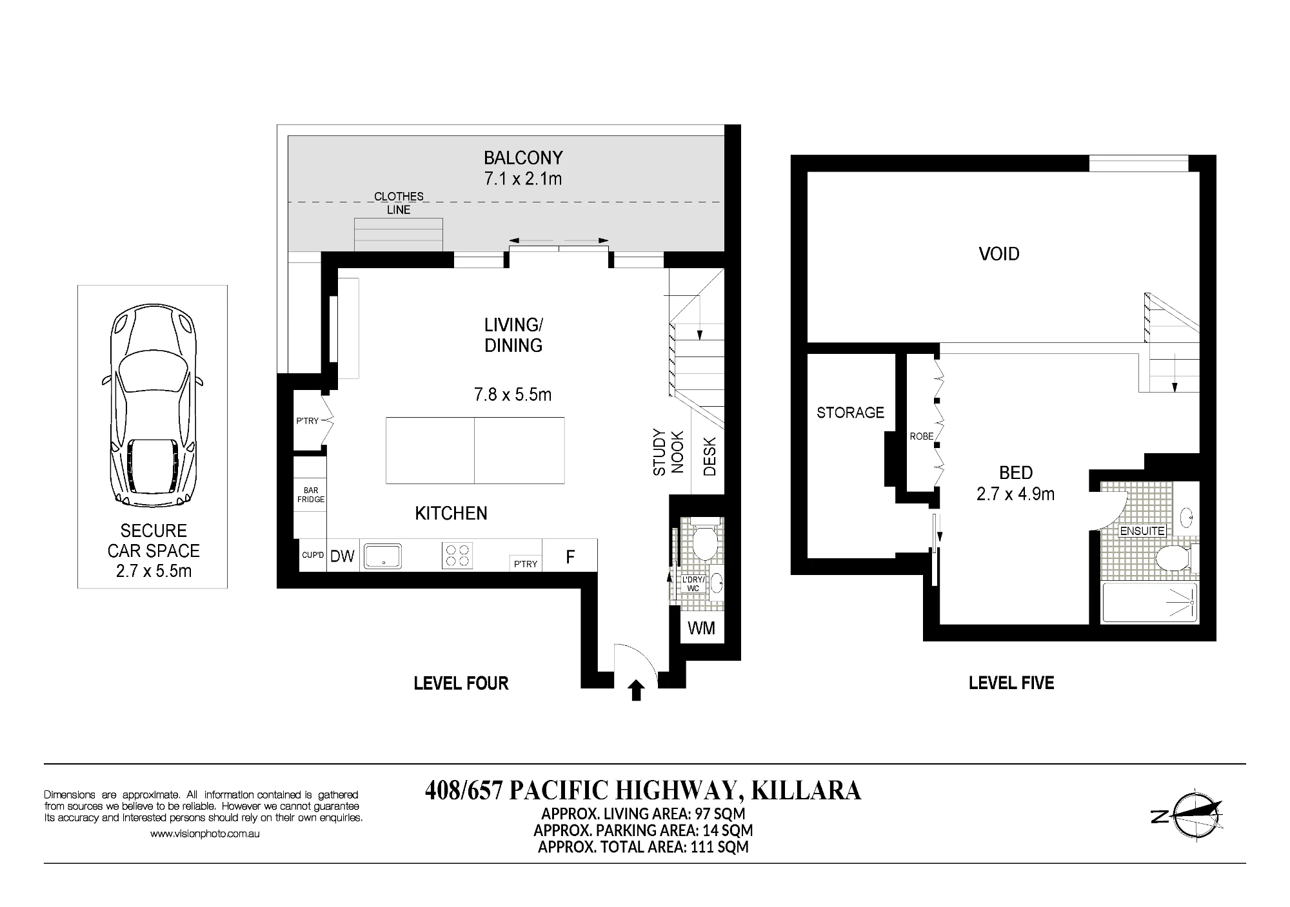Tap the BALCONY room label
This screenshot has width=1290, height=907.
pyautogui.click(x=523, y=158)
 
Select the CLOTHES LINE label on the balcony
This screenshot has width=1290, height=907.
pyautogui.click(x=399, y=203)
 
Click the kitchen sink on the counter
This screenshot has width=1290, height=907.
pyautogui.click(x=382, y=556)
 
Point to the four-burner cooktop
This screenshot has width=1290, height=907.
pyautogui.click(x=457, y=555)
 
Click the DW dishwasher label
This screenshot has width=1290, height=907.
pyautogui.click(x=342, y=556)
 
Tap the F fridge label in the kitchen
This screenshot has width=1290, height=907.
pyautogui.click(x=570, y=556)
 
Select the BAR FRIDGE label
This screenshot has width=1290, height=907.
pyautogui.click(x=311, y=495)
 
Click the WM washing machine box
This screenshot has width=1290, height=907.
pyautogui.click(x=702, y=628)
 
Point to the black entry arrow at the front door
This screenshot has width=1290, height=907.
pyautogui.click(x=637, y=690)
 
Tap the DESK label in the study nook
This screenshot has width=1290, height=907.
pyautogui.click(x=709, y=457)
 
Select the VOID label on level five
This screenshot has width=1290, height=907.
pyautogui.click(x=999, y=254)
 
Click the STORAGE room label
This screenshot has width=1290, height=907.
pyautogui.click(x=850, y=413)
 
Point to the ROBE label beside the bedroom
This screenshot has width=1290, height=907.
pyautogui.click(x=922, y=436)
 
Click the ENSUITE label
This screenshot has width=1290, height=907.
pyautogui.click(x=1142, y=531)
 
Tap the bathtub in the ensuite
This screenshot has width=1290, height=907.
pyautogui.click(x=1150, y=602)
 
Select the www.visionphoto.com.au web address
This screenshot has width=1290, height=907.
pyautogui.click(x=205, y=834)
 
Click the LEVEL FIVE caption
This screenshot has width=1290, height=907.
pyautogui.click(x=1011, y=683)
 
